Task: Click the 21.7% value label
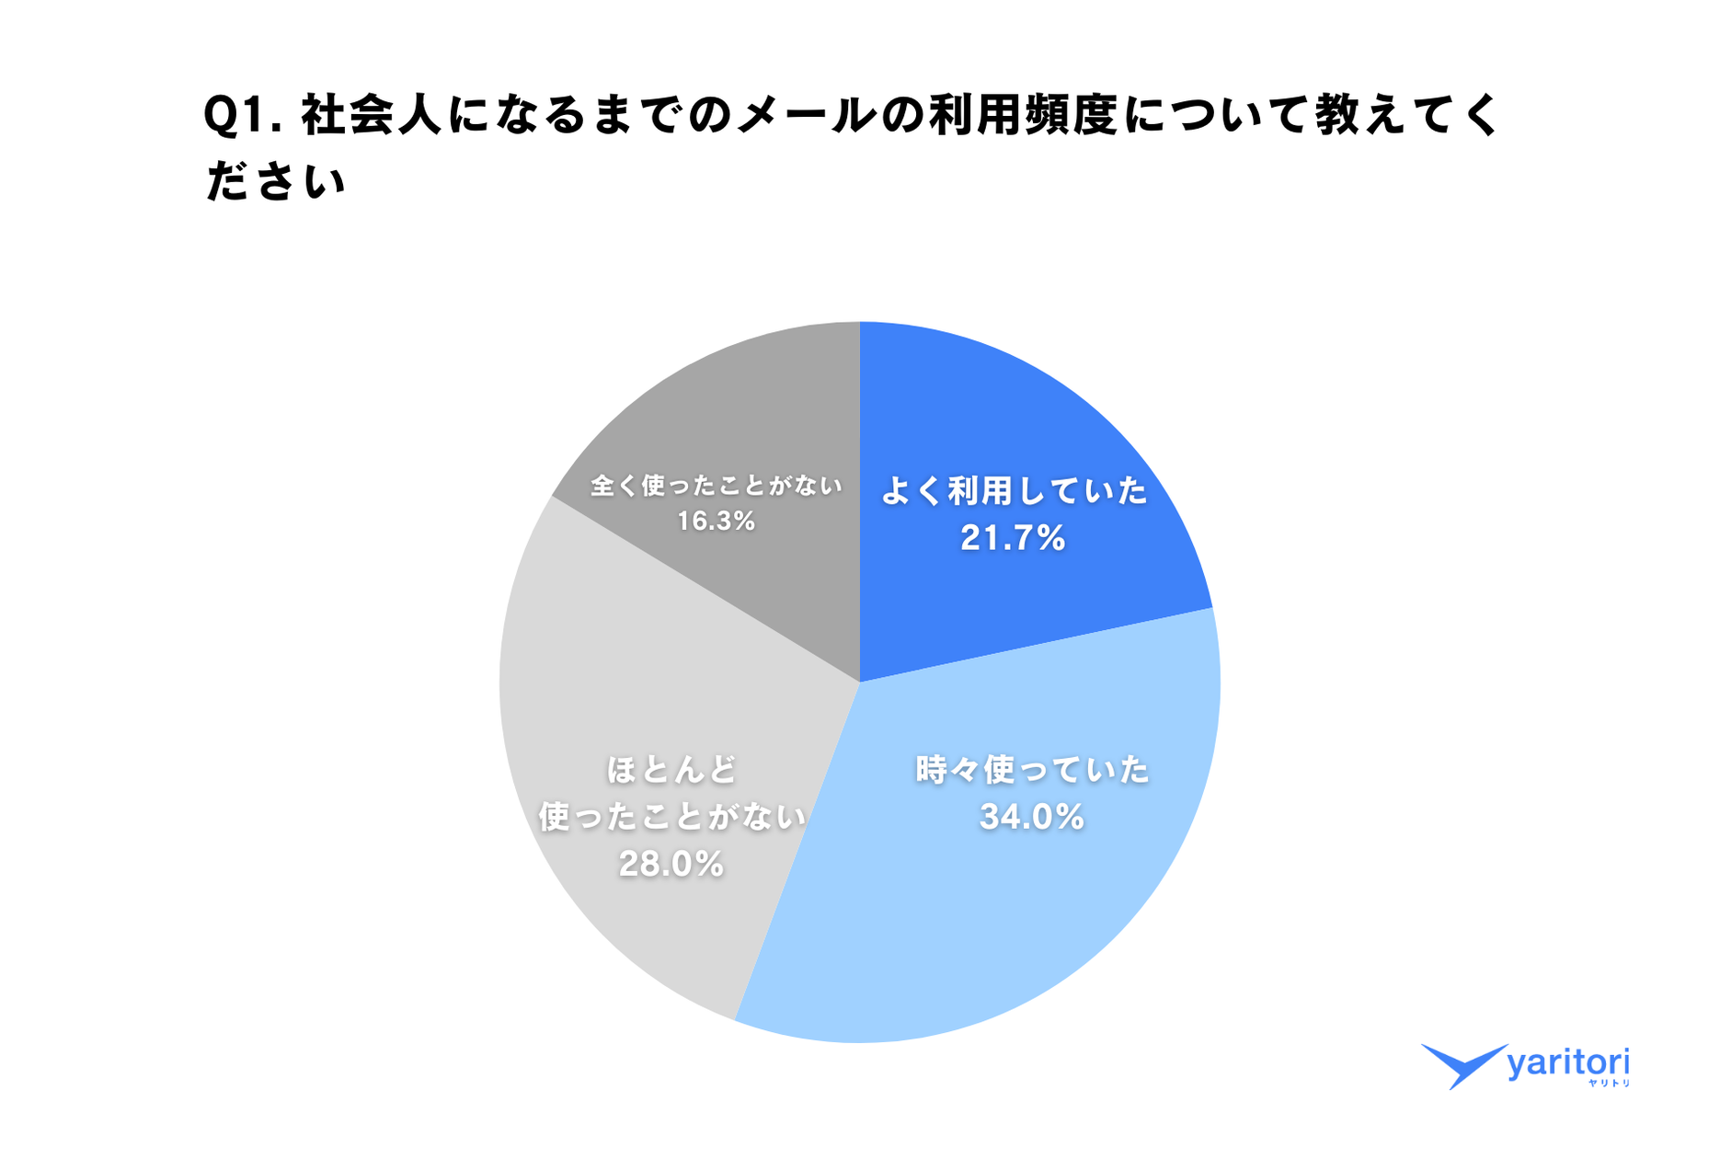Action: [x=1013, y=538]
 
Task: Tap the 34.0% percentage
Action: [x=1032, y=817]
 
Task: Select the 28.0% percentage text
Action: [x=671, y=864]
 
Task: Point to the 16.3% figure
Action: [x=717, y=522]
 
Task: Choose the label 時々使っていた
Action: [x=1032, y=769]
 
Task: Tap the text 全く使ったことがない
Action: [x=717, y=485]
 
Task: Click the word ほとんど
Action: [x=671, y=769]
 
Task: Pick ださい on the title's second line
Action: [x=275, y=181]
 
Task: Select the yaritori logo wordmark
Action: [x=1568, y=1063]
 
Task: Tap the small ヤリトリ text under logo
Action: [x=1609, y=1084]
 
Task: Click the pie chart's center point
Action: [x=860, y=682]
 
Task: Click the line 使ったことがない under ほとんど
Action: [x=671, y=817]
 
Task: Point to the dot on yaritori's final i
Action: [x=1626, y=1050]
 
